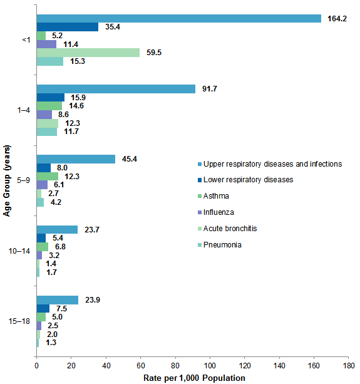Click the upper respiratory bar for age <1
click(x=178, y=18)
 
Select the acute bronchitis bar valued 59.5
click(x=88, y=53)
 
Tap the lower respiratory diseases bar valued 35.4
click(x=67, y=27)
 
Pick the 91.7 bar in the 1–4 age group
click(x=116, y=89)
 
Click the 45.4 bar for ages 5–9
click(x=76, y=159)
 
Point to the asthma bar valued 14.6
click(x=49, y=106)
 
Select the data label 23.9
click(x=93, y=299)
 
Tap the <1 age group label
click(x=26, y=40)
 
